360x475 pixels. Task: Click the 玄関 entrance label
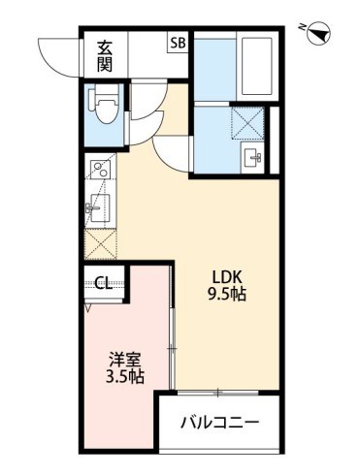[x=104, y=54]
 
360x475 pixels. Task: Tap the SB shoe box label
[x=178, y=43]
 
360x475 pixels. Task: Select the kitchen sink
[x=101, y=207]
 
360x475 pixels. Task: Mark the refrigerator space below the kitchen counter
[x=101, y=242]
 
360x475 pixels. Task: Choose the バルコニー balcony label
[x=221, y=423]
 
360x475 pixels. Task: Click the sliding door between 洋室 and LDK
[x=172, y=344]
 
